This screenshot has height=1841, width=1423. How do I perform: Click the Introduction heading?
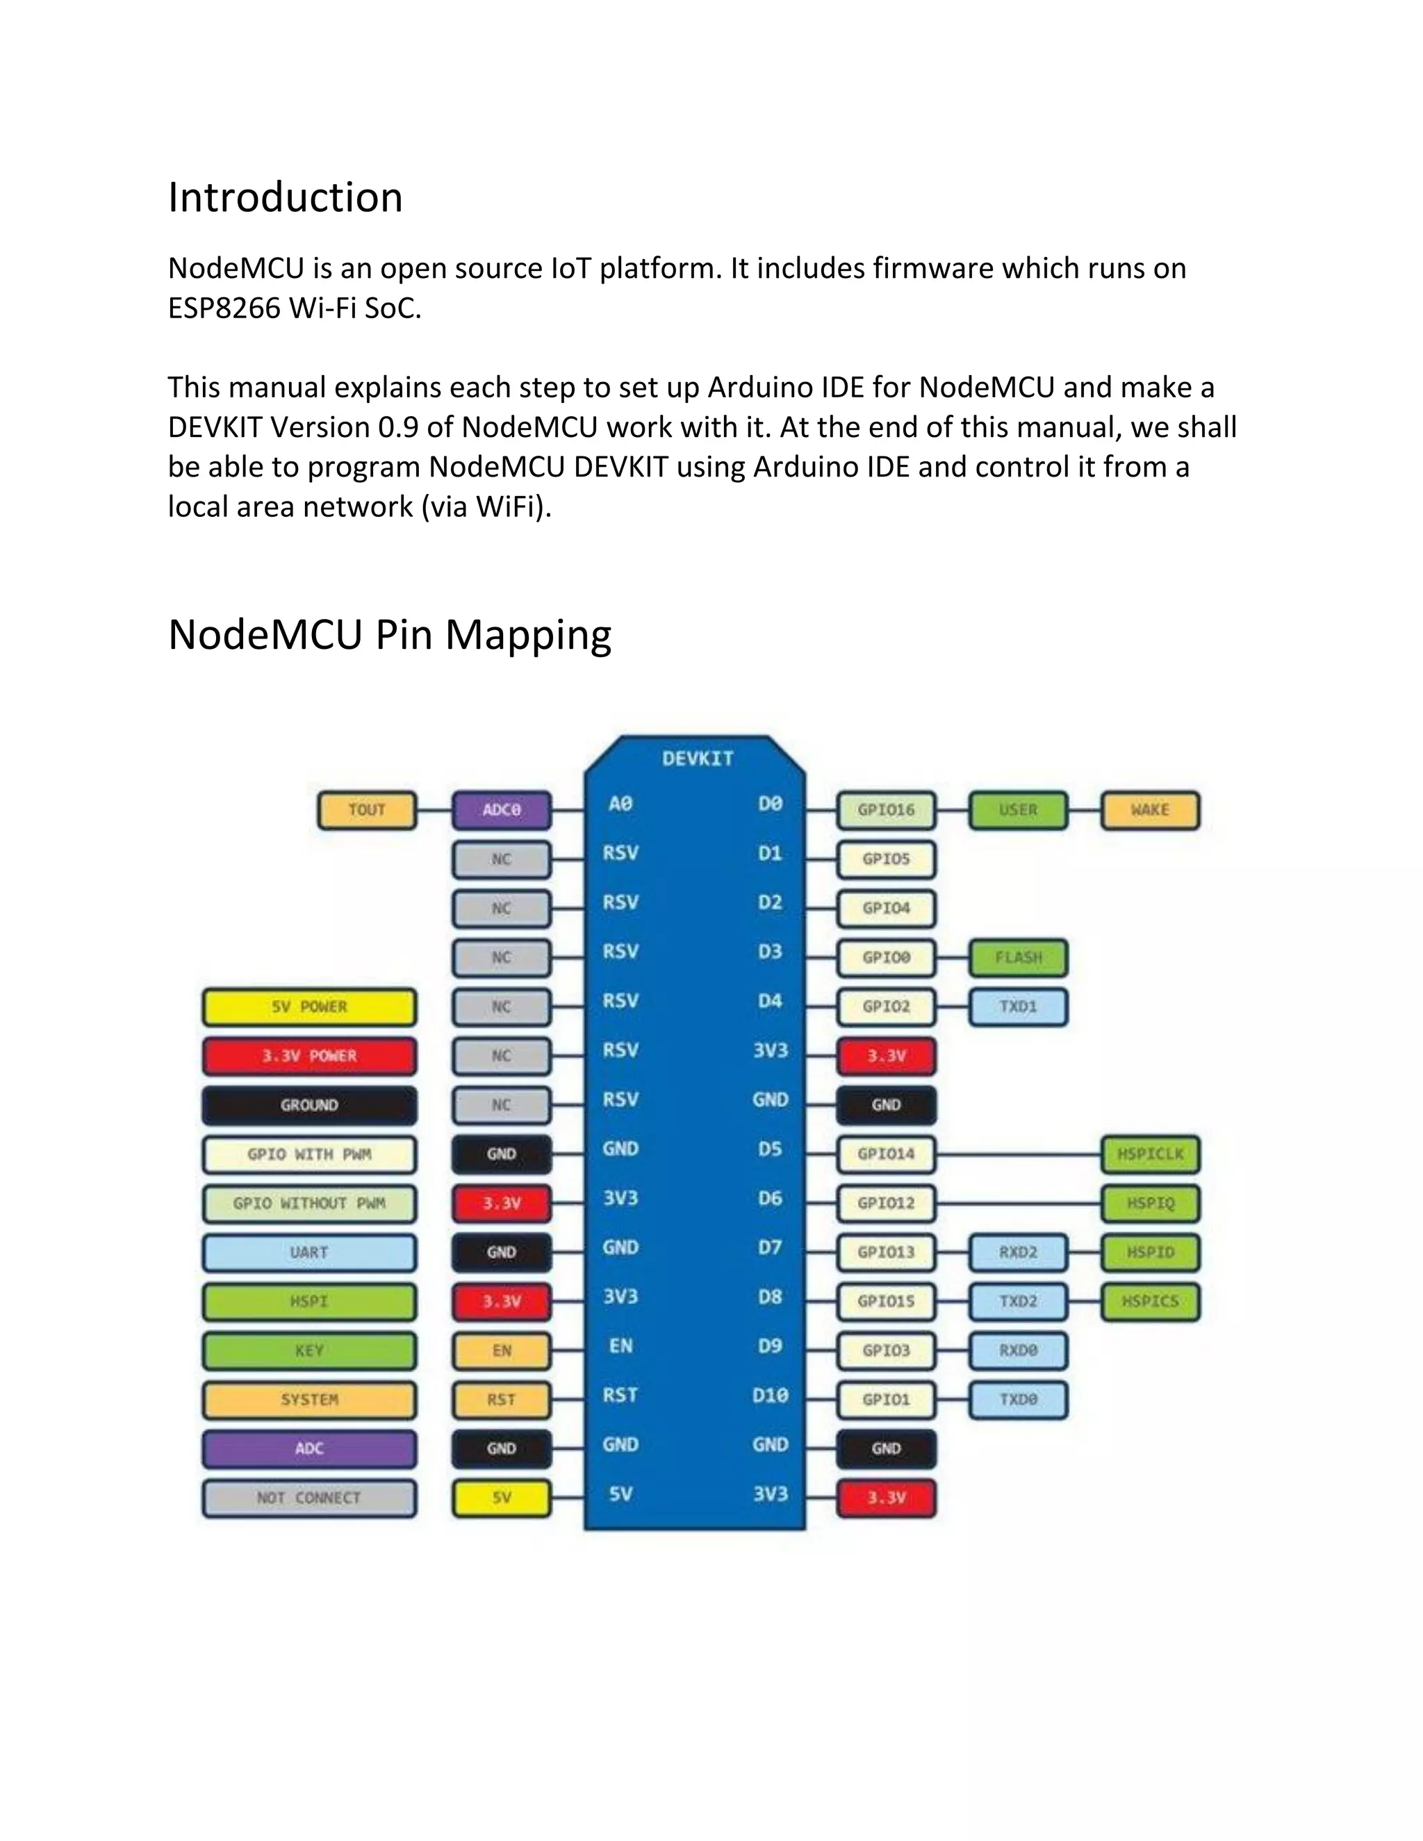coord(285,198)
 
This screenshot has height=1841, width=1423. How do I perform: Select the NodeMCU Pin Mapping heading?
coord(390,636)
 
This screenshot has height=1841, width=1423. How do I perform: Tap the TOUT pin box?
coord(367,810)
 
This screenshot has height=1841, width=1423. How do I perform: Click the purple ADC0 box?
coord(502,810)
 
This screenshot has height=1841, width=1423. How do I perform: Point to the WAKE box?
coord(1150,810)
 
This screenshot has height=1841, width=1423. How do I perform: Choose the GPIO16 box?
coord(886,810)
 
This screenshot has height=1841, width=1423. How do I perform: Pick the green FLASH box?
coord(1019,957)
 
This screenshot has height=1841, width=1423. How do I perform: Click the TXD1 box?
coord(1019,1007)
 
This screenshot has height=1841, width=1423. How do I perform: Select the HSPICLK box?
coord(1150,1154)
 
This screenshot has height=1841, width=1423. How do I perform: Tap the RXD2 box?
coord(1019,1253)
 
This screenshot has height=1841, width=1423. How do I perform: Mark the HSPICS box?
coord(1150,1301)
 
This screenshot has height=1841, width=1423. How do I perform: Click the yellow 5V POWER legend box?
coord(309,1007)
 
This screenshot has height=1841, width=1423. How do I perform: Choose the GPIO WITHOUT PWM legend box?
coord(309,1204)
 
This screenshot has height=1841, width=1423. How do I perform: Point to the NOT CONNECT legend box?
coord(309,1498)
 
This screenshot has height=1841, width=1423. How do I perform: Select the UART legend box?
coord(309,1253)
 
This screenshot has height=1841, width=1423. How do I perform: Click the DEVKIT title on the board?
coord(697,759)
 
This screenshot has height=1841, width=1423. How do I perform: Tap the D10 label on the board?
coord(770,1396)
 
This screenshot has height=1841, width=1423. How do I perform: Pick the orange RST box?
coord(502,1400)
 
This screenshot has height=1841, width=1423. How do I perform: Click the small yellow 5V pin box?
coord(502,1498)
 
